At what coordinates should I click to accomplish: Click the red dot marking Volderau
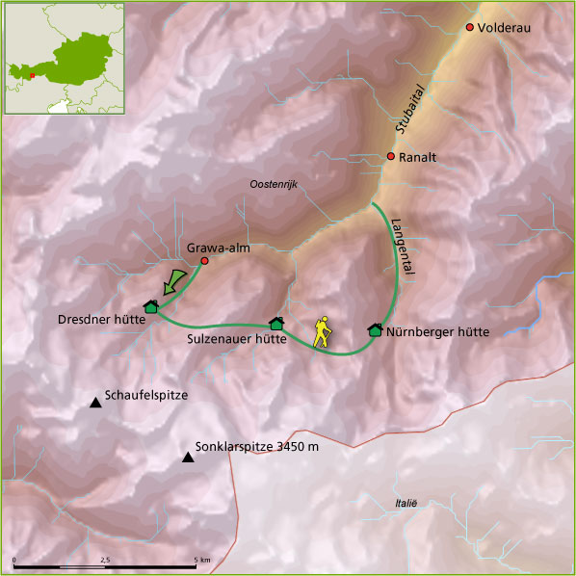tap(470, 27)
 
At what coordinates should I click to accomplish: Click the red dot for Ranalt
tap(390, 156)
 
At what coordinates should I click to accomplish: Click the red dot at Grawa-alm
tap(204, 261)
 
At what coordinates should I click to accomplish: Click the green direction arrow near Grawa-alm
tap(173, 282)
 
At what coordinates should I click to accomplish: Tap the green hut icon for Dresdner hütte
tap(150, 306)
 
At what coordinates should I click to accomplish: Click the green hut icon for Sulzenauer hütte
tap(276, 323)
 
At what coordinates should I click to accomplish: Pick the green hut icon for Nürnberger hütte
tap(375, 329)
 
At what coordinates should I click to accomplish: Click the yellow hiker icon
tap(323, 332)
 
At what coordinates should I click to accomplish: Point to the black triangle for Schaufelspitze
tap(94, 402)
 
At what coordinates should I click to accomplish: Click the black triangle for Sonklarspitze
tap(187, 457)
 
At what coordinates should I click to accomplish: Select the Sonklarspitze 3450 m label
tap(256, 447)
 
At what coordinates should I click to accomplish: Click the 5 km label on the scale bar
tap(201, 559)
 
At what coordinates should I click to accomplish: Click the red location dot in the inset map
tap(32, 75)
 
